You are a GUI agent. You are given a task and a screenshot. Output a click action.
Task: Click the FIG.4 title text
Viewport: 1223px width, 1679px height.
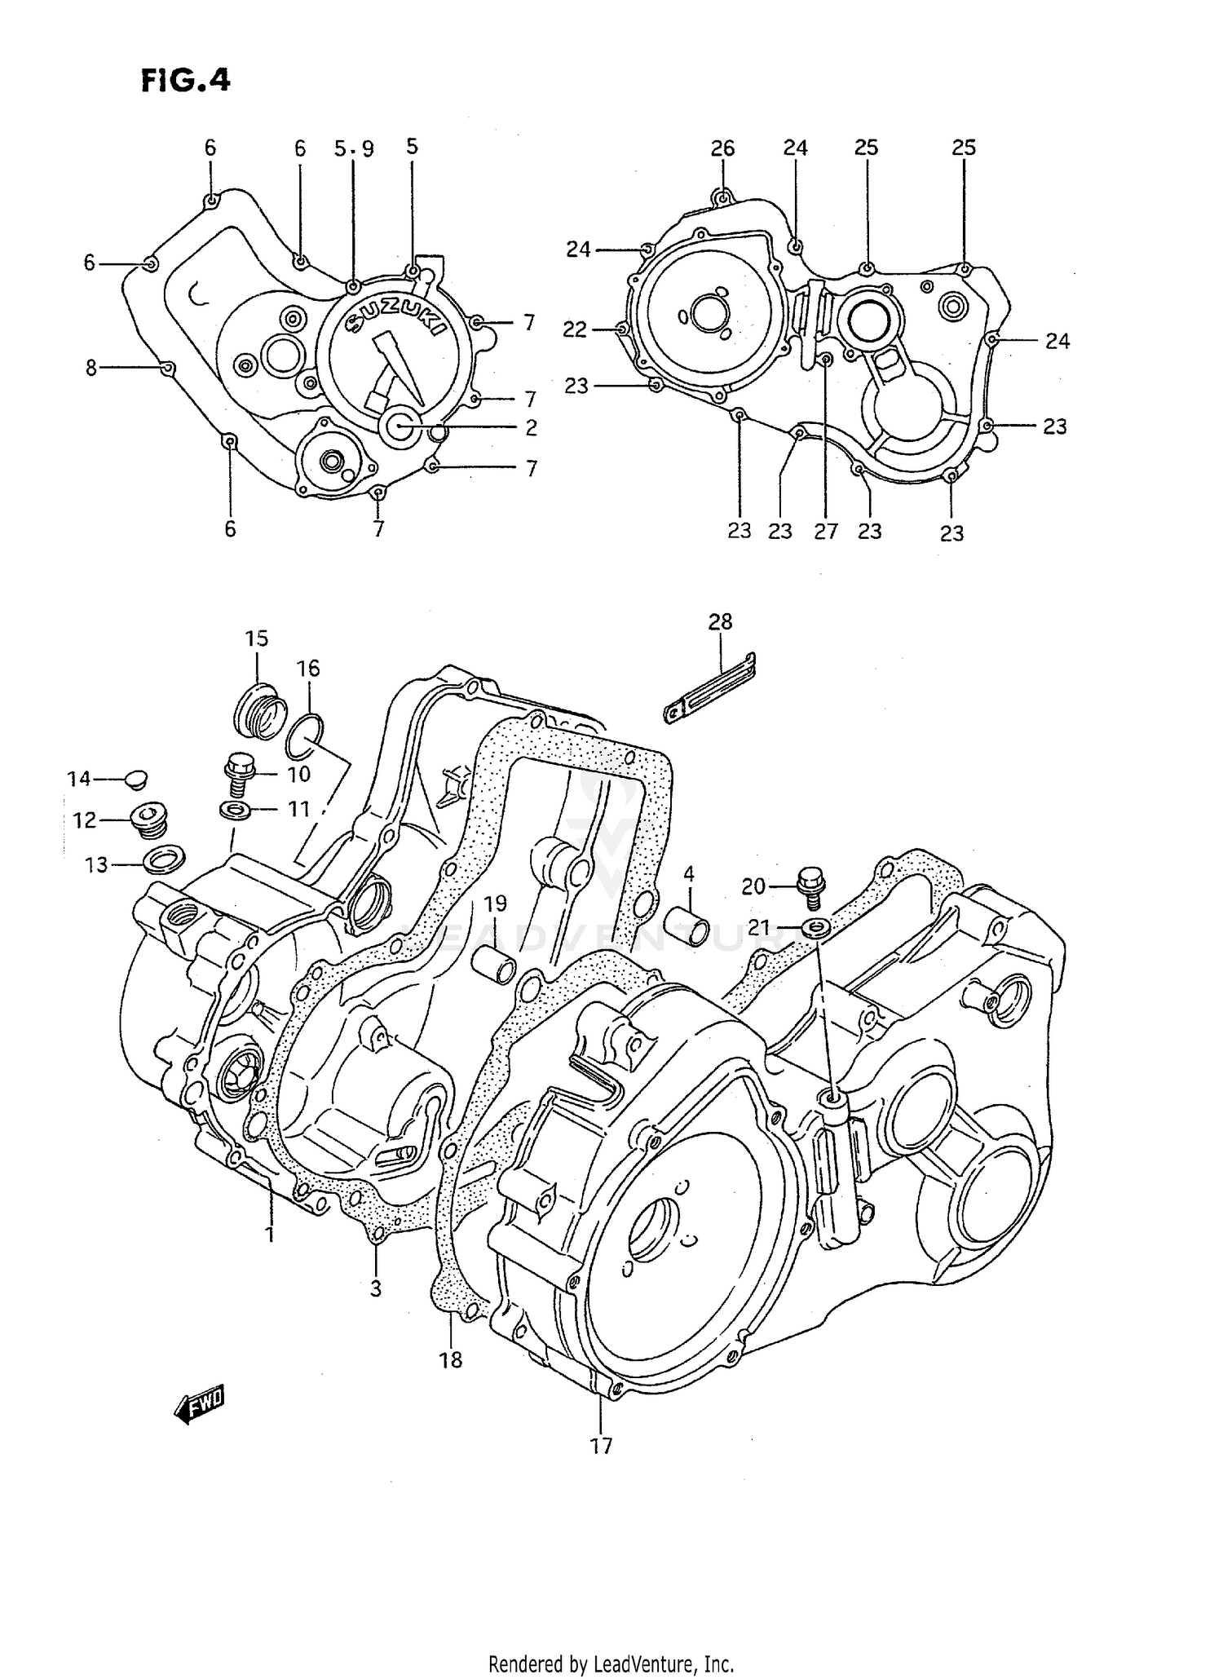coord(186,81)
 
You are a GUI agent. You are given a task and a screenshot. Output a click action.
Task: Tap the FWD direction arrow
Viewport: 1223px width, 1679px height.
coord(198,1403)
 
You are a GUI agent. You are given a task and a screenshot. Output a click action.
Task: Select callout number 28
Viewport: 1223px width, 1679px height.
coord(720,622)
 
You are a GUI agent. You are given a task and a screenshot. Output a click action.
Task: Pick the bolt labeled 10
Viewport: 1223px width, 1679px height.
coord(238,775)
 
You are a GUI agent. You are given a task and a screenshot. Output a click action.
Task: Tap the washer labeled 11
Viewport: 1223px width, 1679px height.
coord(235,810)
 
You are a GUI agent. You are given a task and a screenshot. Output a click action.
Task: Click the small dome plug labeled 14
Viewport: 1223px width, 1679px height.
coord(136,778)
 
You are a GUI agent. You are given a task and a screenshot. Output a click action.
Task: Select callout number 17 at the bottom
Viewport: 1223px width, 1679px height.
coord(601,1446)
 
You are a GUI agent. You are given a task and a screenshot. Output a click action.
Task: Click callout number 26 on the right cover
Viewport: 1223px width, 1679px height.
coord(722,148)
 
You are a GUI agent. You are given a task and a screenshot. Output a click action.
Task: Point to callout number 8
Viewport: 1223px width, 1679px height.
coord(91,369)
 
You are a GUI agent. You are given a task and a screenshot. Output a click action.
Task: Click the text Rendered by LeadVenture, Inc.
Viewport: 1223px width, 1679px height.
coord(611,1664)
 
